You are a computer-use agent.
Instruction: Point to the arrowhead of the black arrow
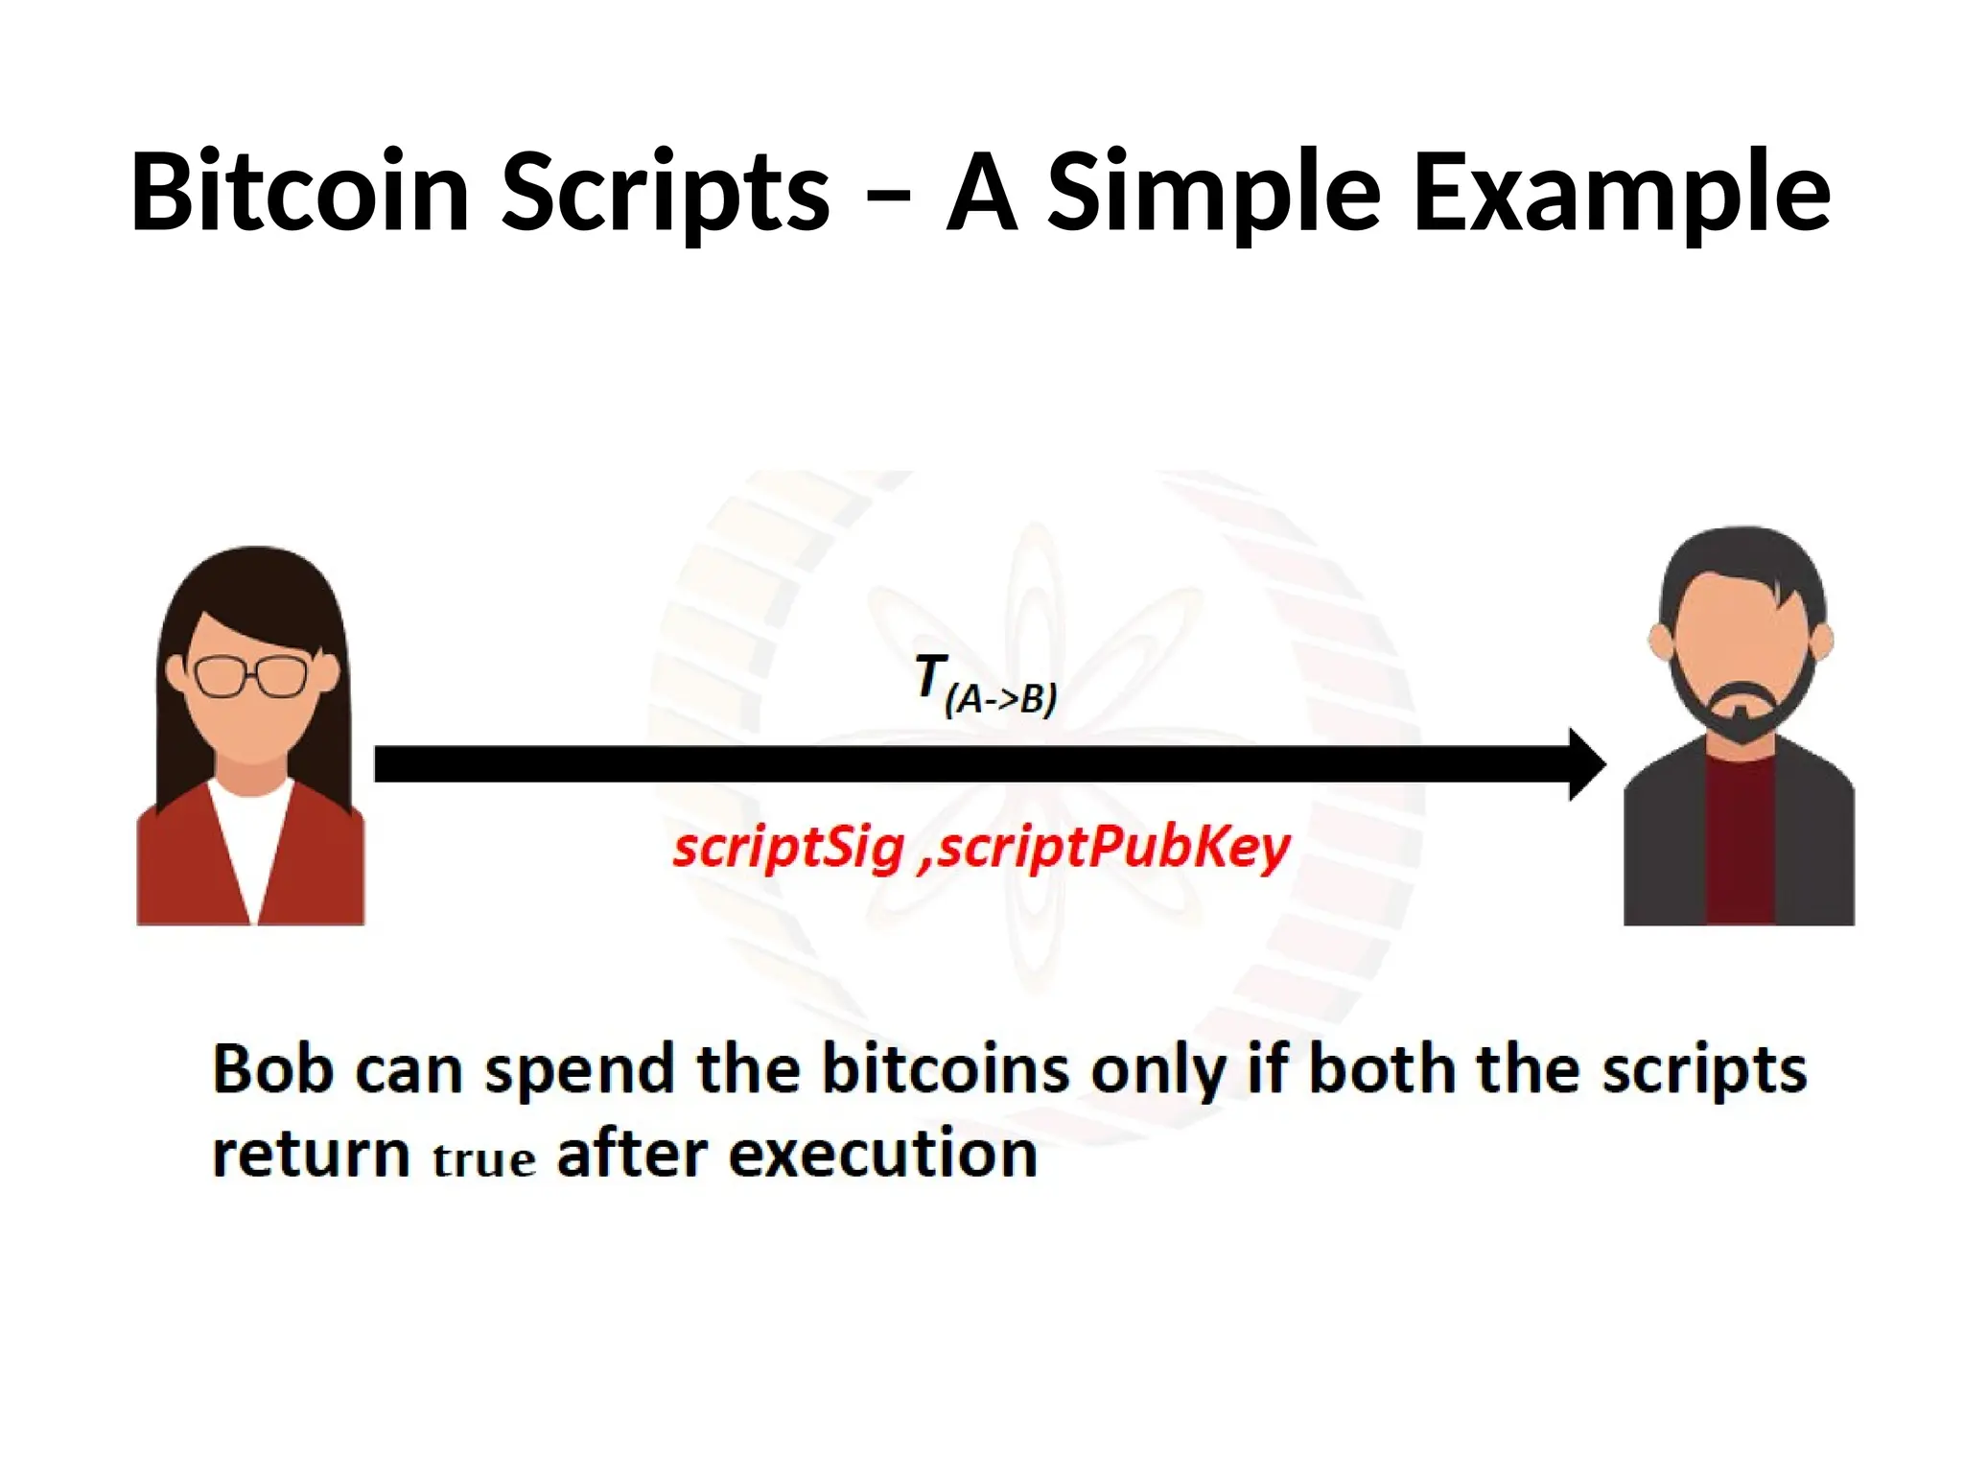[1587, 764]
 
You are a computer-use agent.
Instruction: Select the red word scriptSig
[788, 848]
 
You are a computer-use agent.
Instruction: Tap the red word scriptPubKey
[1113, 848]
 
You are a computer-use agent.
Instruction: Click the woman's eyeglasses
[251, 676]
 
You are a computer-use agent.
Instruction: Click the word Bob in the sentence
[272, 1068]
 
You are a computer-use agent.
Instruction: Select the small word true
[483, 1159]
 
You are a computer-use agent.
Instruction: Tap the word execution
[882, 1153]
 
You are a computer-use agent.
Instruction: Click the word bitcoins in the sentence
[946, 1068]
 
